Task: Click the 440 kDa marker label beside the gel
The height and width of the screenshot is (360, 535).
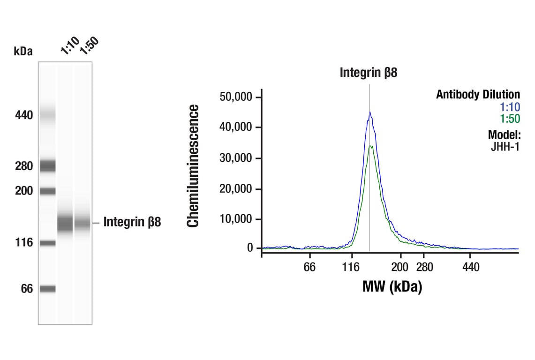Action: pos(23,115)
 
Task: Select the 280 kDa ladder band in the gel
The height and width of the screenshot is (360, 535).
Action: pos(47,165)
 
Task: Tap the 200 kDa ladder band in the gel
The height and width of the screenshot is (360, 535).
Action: pos(47,191)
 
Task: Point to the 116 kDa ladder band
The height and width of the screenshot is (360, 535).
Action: pos(47,243)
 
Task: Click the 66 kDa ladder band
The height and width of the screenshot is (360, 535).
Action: pos(47,289)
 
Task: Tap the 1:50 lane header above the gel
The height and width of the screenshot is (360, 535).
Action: pos(89,45)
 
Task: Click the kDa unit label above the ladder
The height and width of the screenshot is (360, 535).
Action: pos(23,51)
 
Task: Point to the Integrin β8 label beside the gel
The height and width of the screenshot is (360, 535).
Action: pos(132,222)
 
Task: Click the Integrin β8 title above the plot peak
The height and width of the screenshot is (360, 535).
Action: pos(369,73)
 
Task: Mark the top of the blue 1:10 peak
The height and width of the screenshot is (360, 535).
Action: pos(369,112)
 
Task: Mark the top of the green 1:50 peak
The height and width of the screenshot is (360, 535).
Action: pos(370,146)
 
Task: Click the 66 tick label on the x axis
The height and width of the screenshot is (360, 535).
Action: pos(309,267)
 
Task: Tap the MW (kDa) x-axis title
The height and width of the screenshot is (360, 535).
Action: pos(392,286)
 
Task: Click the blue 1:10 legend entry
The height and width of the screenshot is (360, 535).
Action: pos(510,107)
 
